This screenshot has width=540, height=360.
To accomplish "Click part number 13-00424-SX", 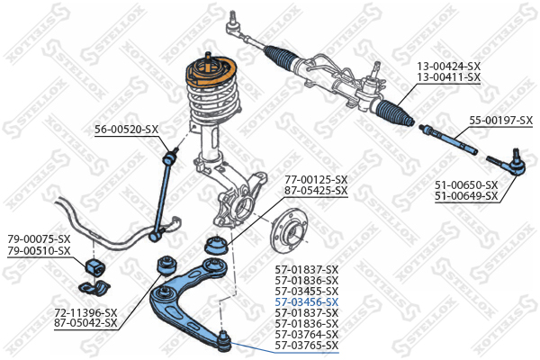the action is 448,66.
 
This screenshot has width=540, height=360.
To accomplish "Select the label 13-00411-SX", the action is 448,76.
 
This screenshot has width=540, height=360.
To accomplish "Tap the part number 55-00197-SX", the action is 501,121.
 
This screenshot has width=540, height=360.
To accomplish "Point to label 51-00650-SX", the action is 466,185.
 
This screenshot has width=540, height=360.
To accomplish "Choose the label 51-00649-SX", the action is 466,196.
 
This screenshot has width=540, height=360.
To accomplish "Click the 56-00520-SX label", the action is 126,130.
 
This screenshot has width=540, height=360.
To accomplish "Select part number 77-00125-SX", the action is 316,179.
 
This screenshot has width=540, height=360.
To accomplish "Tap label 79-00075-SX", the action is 39,238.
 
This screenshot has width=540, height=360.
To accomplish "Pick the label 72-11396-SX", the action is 85,312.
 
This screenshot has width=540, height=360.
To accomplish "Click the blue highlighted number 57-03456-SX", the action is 307,302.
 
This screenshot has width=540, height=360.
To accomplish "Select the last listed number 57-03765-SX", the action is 307,346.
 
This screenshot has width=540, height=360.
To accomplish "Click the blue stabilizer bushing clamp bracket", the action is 94,288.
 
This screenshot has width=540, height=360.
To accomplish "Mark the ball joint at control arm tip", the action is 224,340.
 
